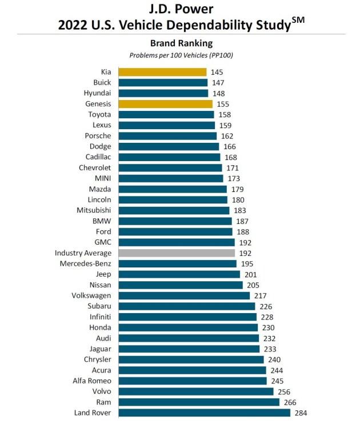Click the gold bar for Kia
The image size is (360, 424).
point(162,72)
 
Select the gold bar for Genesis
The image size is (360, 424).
point(165,104)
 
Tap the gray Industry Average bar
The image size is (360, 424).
point(177,253)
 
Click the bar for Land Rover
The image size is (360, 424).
point(204,413)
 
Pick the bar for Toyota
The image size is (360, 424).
point(166,114)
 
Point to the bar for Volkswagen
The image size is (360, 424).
point(184,295)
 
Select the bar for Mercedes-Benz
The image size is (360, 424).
point(177,263)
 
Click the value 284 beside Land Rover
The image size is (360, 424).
point(301,413)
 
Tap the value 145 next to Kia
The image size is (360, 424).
point(217,72)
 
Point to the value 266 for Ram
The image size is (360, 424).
point(290,402)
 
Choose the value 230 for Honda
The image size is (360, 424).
point(268,327)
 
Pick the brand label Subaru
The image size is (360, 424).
point(99,306)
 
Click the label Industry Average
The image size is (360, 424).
point(83,253)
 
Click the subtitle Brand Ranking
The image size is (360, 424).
point(181,43)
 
